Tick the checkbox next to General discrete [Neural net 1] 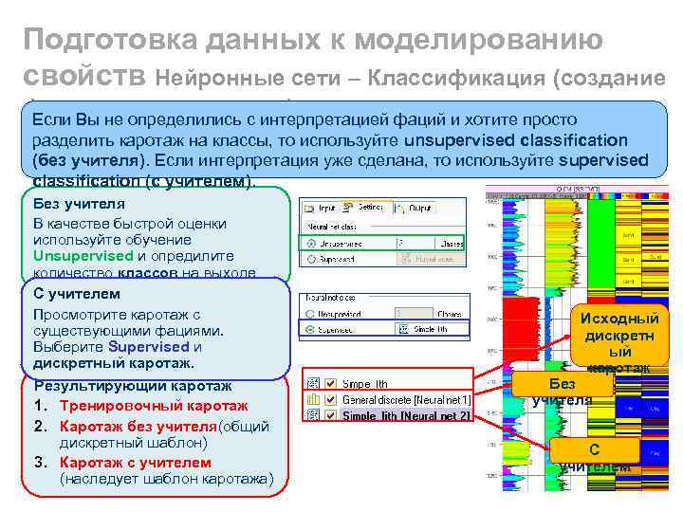pos(330,400)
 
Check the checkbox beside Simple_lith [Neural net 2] pos(330,415)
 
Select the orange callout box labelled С pos(593,448)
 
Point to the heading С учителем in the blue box pos(77,294)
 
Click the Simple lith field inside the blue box pos(437,329)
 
